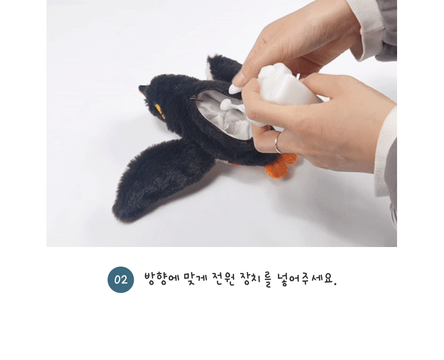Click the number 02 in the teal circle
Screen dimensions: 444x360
[x=121, y=280]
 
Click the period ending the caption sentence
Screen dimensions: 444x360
[x=335, y=284]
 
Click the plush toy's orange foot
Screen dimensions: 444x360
[x=280, y=165]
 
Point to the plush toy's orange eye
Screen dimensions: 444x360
[x=159, y=111]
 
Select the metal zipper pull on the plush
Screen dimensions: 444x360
[x=194, y=98]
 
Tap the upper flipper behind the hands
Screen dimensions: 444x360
[x=222, y=68]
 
